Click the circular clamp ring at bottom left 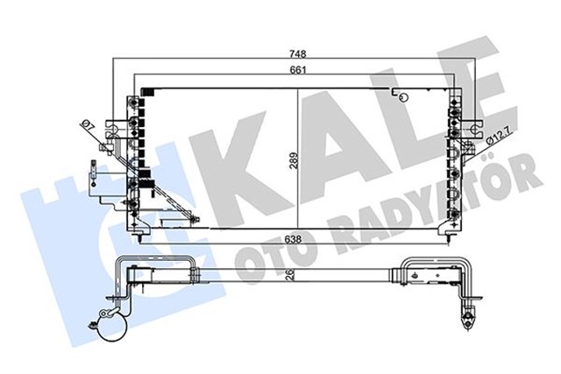111,331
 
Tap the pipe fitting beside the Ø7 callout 111,131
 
